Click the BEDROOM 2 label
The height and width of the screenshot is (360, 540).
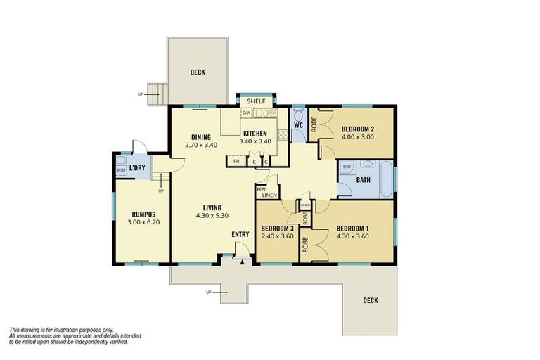tap(357, 129)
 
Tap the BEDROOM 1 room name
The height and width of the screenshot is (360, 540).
tap(352, 229)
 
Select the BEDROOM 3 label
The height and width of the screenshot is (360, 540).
tap(277, 229)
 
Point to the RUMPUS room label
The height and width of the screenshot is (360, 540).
tap(143, 214)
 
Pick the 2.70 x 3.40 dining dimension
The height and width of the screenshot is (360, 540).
tap(201, 146)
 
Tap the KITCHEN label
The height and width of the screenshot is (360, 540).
tap(255, 134)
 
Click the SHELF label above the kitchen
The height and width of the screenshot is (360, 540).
tap(256, 101)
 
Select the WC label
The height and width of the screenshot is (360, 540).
tap(298, 126)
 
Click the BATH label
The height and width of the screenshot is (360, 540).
tap(363, 180)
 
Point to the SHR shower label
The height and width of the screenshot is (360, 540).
tap(347, 167)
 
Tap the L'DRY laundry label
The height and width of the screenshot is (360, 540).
tap(137, 169)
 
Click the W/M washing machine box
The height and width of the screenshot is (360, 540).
tap(120, 169)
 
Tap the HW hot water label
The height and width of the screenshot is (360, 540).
tap(261, 189)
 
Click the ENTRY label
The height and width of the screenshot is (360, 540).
tap(241, 235)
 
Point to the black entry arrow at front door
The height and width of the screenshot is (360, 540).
tap(243, 262)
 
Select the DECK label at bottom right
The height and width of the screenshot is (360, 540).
tap(371, 300)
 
